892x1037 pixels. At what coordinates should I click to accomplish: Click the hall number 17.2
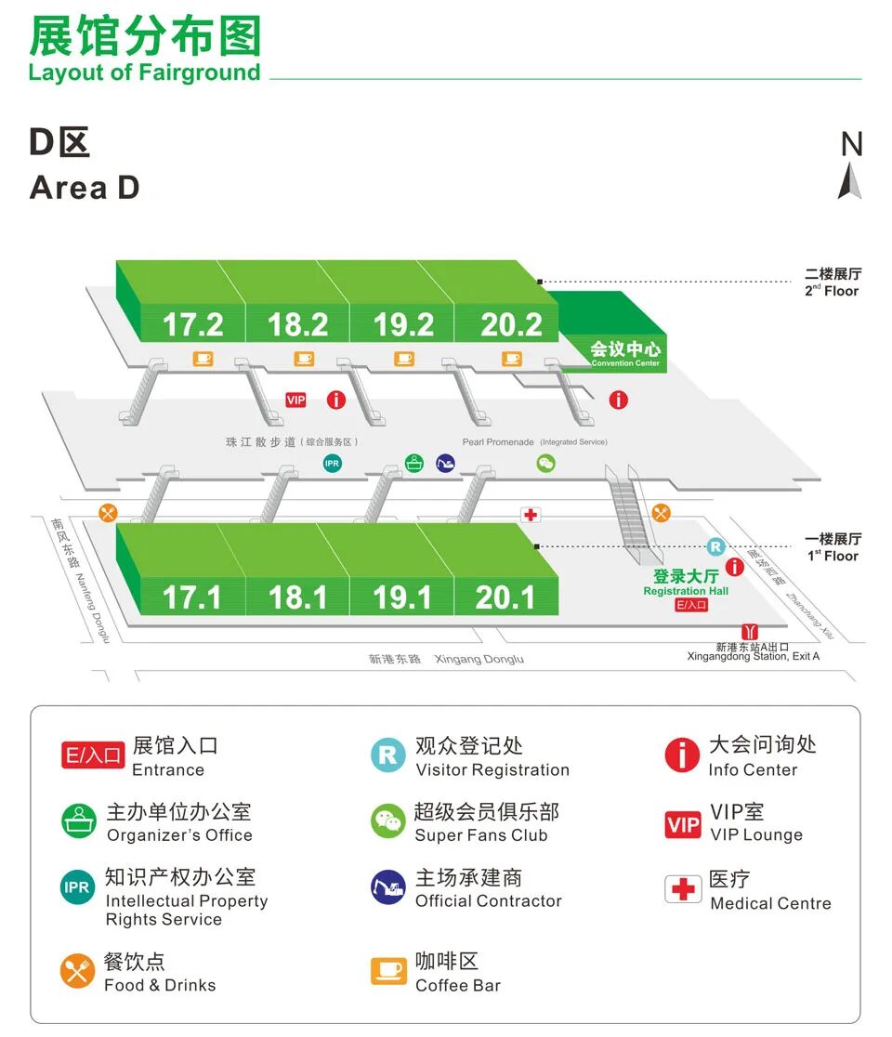tap(193, 324)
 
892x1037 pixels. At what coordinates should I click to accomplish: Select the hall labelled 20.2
tap(511, 324)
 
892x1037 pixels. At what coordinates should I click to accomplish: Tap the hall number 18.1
tap(297, 597)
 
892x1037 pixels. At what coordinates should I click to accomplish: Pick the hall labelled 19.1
tap(402, 597)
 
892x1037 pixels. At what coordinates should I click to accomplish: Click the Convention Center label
tap(625, 353)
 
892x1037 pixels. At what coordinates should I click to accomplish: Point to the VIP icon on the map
tap(295, 400)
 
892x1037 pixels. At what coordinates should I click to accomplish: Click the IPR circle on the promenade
tap(332, 463)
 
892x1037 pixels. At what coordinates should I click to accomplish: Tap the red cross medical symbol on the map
tap(531, 514)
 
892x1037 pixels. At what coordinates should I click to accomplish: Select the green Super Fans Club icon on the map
tap(545, 463)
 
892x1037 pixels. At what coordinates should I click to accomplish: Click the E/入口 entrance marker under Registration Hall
tap(690, 605)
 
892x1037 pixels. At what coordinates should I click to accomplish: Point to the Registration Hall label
tap(686, 583)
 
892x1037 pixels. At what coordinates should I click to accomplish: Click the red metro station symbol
tap(749, 632)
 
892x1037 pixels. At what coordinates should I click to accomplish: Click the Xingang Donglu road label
tap(479, 659)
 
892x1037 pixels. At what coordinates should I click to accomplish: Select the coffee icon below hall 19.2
tap(403, 359)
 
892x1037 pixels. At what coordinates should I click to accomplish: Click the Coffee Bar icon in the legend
tap(388, 971)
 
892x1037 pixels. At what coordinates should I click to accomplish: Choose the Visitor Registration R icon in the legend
tap(387, 755)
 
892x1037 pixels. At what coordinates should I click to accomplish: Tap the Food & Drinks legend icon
tap(78, 971)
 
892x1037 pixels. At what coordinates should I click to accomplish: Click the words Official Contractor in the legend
tap(488, 900)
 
